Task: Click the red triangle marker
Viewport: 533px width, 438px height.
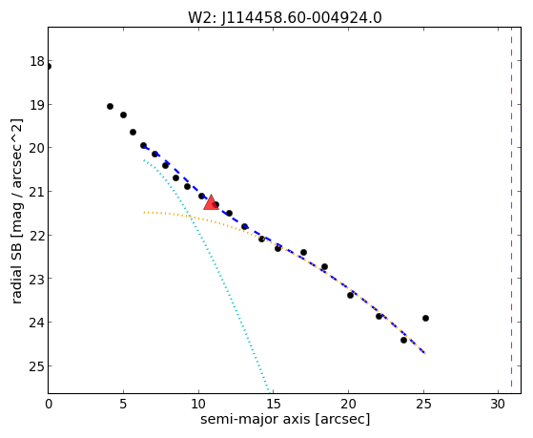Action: click(211, 202)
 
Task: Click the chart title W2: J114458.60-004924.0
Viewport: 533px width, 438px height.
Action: click(285, 17)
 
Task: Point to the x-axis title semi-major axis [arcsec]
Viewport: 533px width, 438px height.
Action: click(285, 419)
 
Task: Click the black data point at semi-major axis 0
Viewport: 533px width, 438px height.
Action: click(49, 67)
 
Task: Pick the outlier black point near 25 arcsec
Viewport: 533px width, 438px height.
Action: click(425, 318)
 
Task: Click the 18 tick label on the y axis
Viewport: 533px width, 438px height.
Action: click(37, 62)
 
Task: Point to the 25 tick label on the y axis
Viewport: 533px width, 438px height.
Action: click(37, 366)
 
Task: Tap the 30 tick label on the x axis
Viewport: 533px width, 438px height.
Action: click(499, 404)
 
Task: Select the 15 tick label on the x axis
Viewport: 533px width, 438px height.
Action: click(274, 404)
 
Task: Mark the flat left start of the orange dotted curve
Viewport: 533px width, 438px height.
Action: click(145, 213)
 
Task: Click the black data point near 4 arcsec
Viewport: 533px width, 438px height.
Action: click(111, 107)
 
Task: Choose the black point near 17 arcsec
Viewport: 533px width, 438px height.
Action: click(303, 253)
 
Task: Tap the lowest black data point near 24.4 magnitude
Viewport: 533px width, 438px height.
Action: click(404, 340)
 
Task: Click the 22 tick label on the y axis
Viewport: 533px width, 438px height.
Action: click(37, 236)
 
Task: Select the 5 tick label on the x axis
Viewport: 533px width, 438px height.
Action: click(123, 404)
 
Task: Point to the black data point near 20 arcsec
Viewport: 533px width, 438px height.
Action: click(351, 295)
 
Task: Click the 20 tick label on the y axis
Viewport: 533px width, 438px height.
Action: click(37, 148)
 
